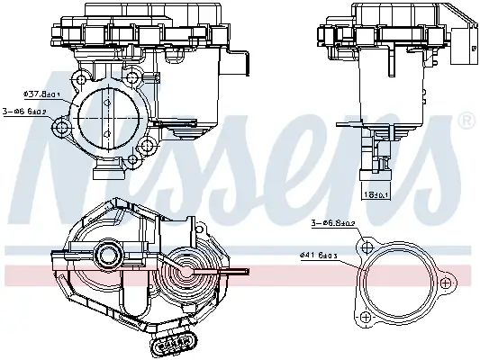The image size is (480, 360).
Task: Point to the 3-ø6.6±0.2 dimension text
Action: tap(25, 112)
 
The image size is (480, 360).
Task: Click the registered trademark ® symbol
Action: tap(466, 120)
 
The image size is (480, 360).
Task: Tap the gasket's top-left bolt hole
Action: tap(364, 247)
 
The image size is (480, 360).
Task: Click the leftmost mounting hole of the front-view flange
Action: tap(62, 129)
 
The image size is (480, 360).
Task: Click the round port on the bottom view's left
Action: tap(110, 254)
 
